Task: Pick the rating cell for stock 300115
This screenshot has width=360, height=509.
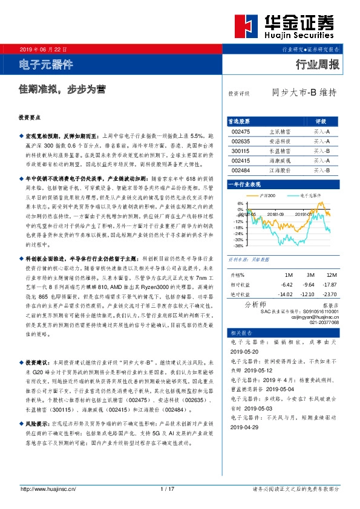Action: point(321,151)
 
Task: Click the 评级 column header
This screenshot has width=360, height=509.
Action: point(321,121)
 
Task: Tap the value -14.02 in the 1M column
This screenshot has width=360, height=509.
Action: point(267,294)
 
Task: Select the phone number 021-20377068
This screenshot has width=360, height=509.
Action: point(323,323)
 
